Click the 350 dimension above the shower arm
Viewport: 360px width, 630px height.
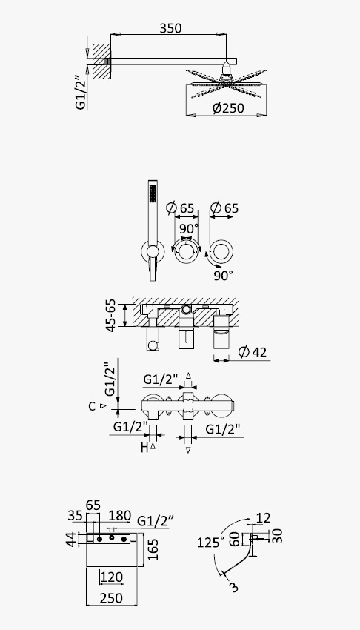170,28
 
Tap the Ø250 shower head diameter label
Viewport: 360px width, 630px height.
228,108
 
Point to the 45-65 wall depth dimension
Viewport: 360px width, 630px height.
111,316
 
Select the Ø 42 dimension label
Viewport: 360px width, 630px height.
252,352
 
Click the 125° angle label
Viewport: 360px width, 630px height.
210,543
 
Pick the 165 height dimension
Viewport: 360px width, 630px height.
153,550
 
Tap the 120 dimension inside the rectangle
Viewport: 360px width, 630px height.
111,577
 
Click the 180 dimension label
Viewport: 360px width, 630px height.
120,515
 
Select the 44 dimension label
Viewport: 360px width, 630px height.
70,539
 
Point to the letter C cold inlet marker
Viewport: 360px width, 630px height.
92,407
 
